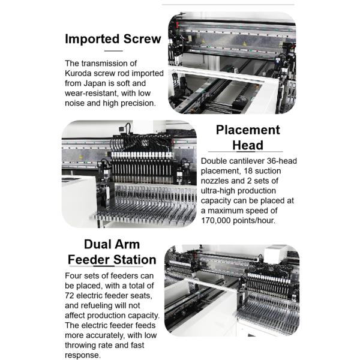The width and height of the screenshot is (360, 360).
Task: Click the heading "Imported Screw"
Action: point(113,39)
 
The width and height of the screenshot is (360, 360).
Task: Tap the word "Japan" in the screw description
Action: point(95,83)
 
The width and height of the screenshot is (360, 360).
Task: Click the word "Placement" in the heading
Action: point(248,130)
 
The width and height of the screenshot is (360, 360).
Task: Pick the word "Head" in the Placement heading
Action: point(248,145)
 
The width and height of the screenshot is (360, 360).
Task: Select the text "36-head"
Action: point(282,161)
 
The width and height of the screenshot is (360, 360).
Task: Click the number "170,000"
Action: point(215,220)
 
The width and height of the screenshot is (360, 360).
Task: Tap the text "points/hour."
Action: point(254,220)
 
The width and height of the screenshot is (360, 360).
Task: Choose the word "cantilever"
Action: point(247,161)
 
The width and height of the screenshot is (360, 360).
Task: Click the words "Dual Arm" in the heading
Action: point(112,244)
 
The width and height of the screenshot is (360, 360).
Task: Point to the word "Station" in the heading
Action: point(135,260)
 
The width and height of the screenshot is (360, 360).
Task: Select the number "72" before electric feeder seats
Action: point(70,295)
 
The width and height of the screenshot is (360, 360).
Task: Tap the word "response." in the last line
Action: point(83,355)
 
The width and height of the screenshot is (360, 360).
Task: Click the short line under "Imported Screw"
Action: point(113,51)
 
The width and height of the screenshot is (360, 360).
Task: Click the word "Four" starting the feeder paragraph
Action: point(73,275)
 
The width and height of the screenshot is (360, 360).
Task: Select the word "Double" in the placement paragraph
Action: point(214,161)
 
